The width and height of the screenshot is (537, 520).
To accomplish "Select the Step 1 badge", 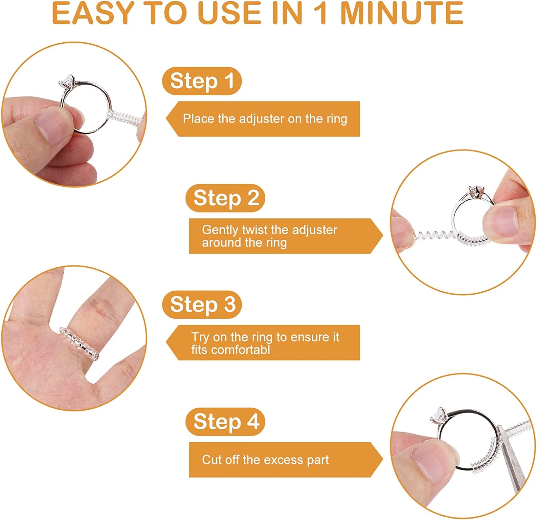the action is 202,81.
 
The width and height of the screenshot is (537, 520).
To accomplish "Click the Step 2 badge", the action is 226,198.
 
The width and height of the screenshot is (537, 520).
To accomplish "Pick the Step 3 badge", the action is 202,304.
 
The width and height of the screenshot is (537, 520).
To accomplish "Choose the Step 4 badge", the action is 226,421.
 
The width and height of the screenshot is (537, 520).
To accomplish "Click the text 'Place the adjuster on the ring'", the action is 265,119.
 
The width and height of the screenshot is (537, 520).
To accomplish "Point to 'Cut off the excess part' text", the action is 265,459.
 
